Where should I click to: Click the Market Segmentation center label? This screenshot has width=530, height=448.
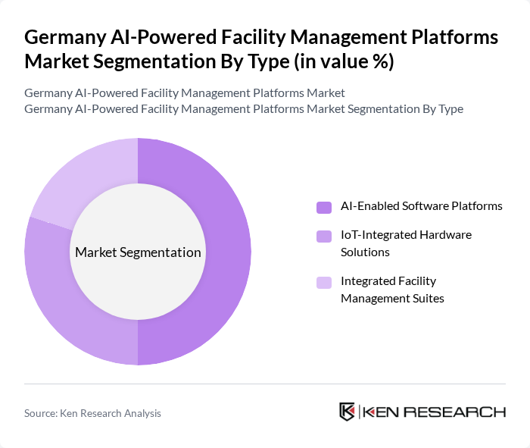coord(138,252)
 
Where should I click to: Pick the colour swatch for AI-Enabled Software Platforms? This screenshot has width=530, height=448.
coord(324,207)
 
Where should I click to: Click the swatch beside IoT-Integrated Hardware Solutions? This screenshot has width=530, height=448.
coord(324,236)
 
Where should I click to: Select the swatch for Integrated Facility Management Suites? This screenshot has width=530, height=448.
coord(324,282)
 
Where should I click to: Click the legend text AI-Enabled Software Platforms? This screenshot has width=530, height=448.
coord(421,206)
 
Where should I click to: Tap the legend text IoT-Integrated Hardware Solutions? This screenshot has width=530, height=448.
coord(406,243)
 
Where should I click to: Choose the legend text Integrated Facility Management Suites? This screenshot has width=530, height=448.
coord(392,290)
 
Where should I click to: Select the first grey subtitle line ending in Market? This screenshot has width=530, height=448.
coord(184,92)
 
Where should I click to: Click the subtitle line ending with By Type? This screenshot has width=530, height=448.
coord(243,108)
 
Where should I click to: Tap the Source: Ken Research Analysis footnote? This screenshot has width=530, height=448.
coord(92,413)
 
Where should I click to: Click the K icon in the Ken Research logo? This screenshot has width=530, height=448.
coord(348,412)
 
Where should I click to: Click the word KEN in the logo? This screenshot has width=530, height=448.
coord(382,412)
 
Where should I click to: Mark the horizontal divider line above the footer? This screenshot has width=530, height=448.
coord(265,384)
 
